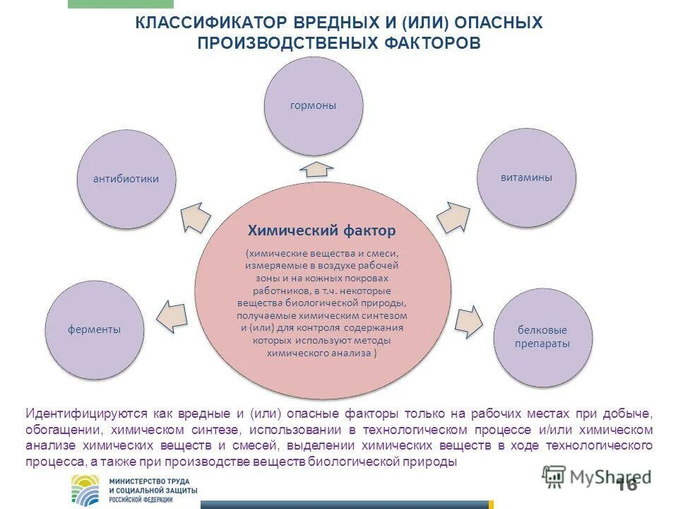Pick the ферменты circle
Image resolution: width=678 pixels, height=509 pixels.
[95, 329]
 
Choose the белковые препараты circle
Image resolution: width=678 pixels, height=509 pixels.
[542, 337]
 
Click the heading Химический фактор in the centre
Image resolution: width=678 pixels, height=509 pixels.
[321, 230]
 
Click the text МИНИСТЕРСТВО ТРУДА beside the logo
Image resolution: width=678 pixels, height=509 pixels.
[144, 480]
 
